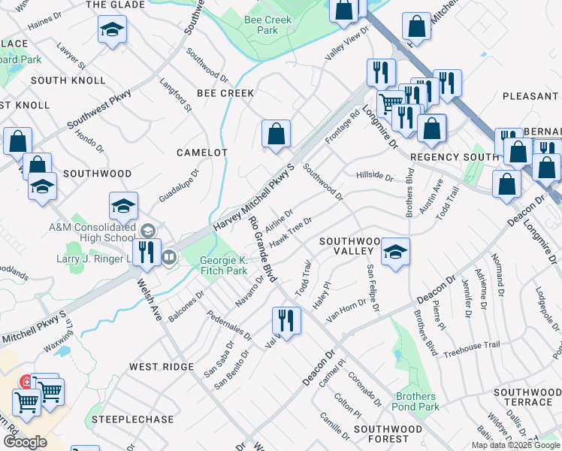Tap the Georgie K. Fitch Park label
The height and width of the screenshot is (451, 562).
point(223,265)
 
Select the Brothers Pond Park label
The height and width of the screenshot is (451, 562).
point(416,401)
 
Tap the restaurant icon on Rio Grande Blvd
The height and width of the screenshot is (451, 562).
point(286,320)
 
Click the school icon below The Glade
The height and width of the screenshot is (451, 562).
point(112,30)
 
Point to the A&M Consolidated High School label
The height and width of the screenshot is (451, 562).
point(92,233)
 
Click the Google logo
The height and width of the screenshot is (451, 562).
point(25,442)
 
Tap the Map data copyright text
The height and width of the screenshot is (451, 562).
point(516,445)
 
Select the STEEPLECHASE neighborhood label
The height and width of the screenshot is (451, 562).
point(132,419)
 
